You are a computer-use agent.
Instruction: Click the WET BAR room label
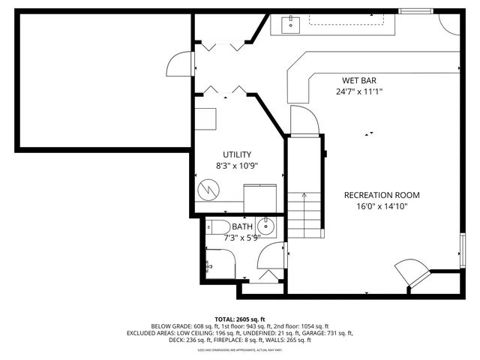(358, 80)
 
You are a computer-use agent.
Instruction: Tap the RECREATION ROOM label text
(382, 195)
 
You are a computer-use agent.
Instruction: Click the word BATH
(242, 226)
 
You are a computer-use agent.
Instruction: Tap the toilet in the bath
(218, 226)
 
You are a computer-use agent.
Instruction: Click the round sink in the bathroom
(266, 225)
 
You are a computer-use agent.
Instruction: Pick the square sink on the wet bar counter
(289, 25)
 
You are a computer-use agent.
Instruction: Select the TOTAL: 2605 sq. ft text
(240, 319)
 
